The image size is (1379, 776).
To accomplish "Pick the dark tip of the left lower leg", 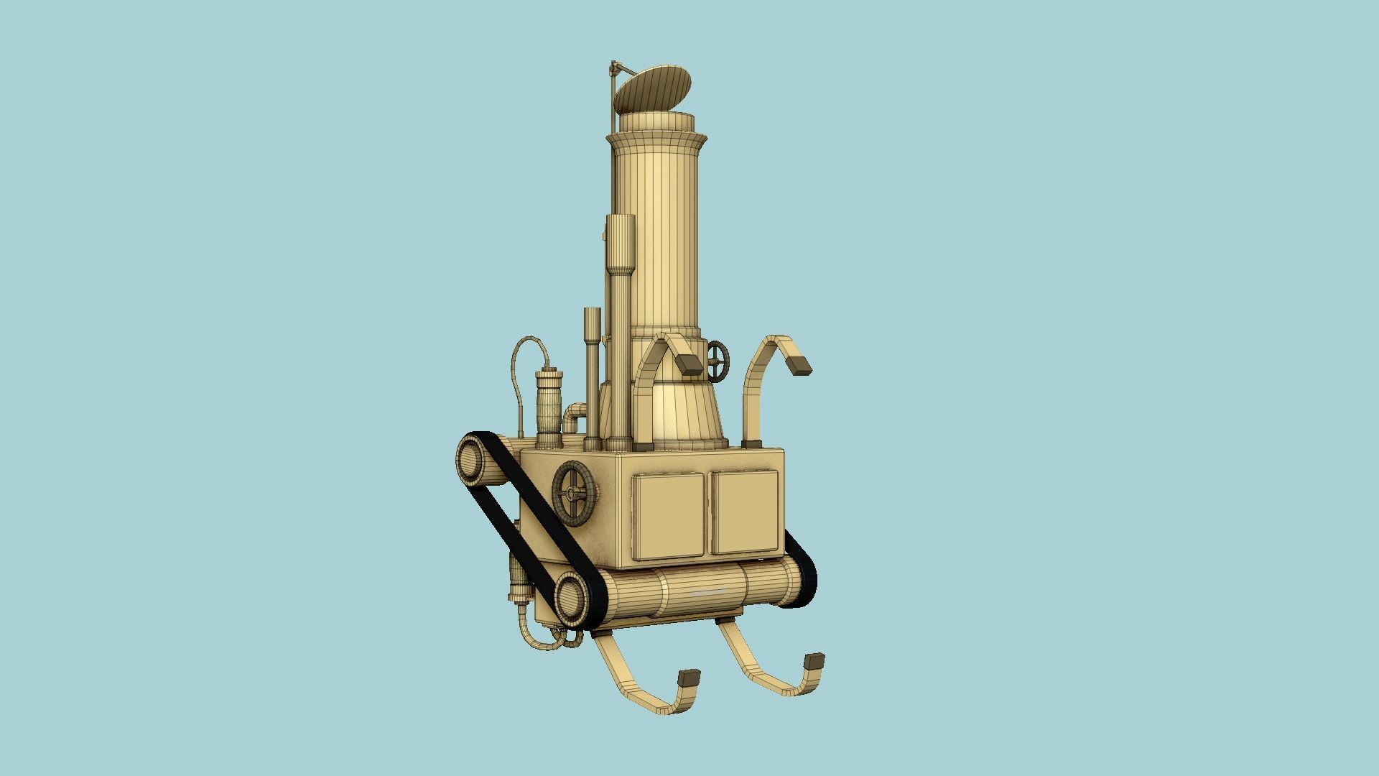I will [689, 677].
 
